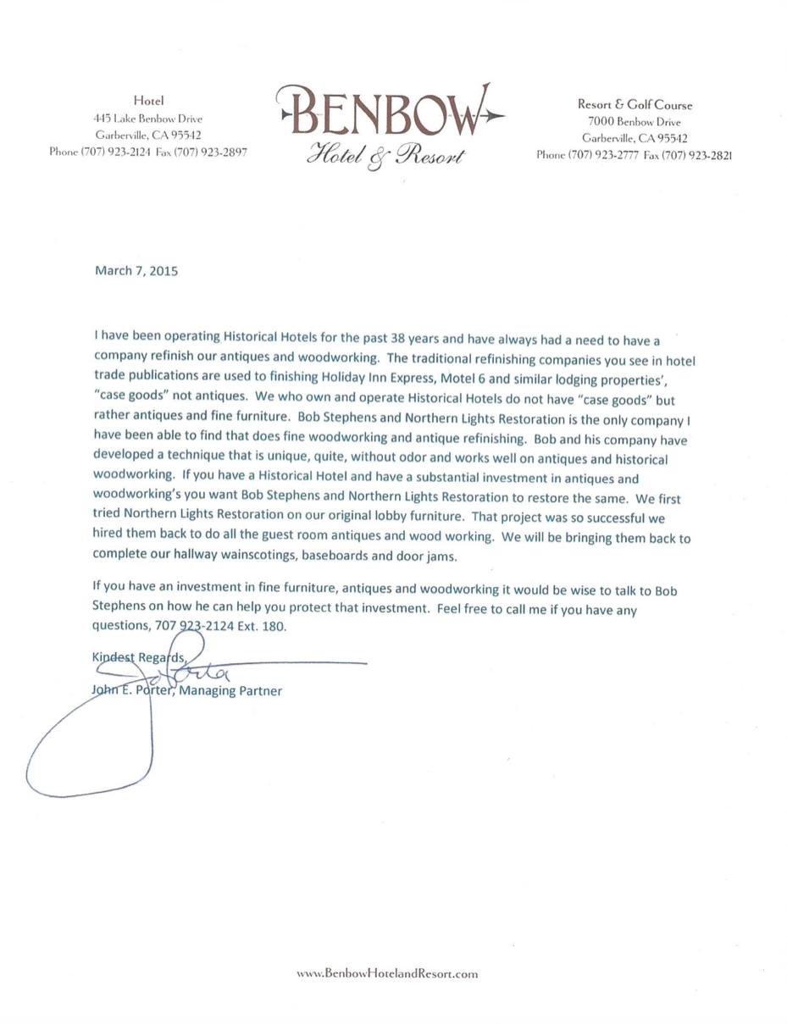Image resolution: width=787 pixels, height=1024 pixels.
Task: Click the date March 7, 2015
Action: [x=136, y=273]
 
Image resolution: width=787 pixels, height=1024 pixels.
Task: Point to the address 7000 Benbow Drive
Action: [x=635, y=122]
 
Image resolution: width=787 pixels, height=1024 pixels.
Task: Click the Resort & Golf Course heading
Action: [x=635, y=106]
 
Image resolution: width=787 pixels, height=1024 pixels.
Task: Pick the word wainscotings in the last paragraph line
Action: [x=244, y=557]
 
